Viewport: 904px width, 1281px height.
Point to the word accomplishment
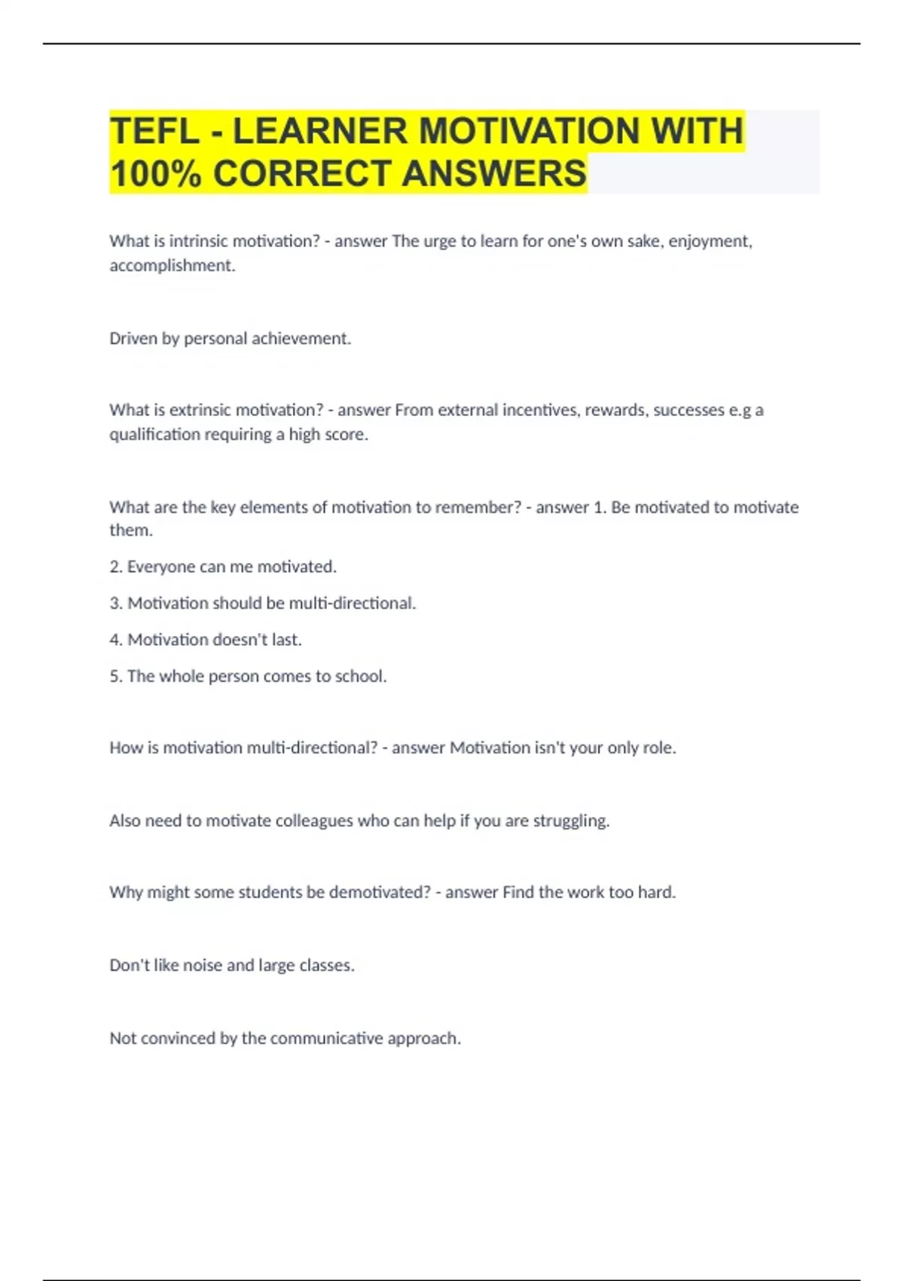172,265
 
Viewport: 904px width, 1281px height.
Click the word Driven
133,338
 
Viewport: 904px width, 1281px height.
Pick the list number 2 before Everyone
115,567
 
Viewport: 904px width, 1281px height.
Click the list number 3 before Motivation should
115,604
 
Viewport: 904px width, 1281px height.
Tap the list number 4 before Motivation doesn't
115,640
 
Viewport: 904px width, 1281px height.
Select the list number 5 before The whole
115,677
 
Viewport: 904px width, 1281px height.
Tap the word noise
202,965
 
